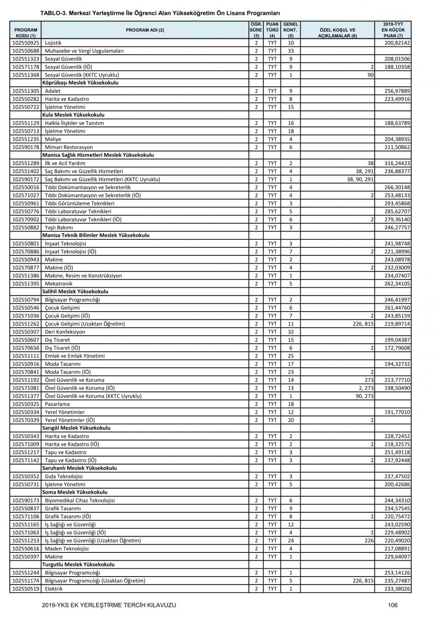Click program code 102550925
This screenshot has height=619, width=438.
[26, 43]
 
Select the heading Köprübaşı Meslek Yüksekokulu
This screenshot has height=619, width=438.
[80, 83]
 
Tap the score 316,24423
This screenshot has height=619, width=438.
[397, 163]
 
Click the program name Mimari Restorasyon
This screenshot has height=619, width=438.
[69, 147]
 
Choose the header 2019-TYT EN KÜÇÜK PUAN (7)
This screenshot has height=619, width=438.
[393, 30]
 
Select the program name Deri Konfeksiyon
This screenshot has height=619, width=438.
[65, 332]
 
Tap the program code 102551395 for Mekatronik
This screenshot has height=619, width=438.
[26, 284]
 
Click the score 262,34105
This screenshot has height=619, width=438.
[397, 284]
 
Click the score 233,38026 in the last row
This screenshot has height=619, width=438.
[397, 589]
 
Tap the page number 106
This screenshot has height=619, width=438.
[393, 605]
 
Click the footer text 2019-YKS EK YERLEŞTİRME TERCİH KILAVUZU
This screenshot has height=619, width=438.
[109, 605]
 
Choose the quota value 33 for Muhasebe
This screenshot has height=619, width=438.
[291, 51]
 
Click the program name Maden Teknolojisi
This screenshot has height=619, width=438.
[67, 549]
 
